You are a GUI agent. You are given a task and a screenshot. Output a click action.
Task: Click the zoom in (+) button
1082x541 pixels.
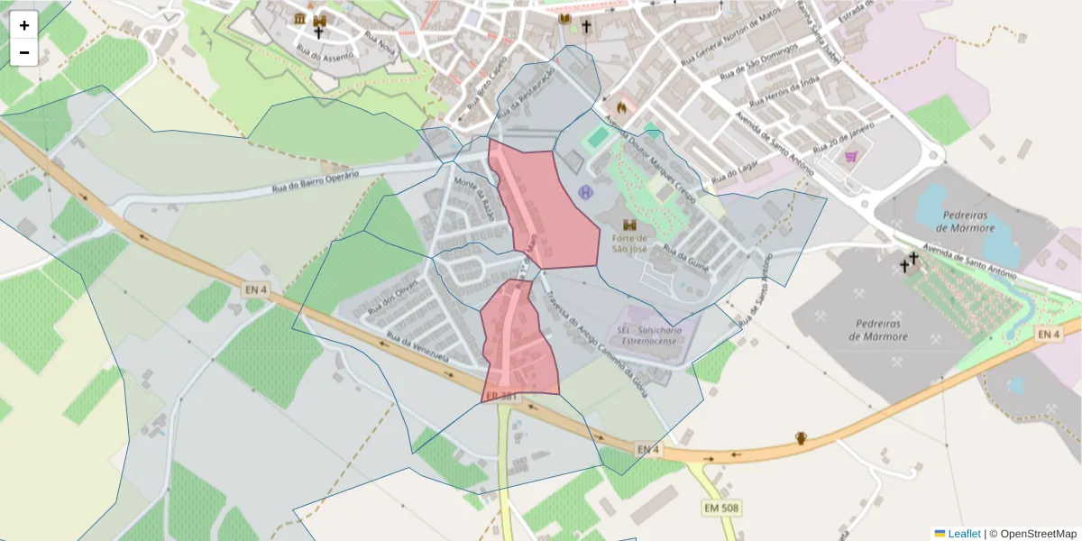pyautogui.click(x=24, y=25)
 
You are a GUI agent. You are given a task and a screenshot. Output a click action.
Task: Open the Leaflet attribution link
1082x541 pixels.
pyautogui.click(x=963, y=534)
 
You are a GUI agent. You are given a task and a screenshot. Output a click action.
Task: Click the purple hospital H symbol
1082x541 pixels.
pyautogui.click(x=586, y=191)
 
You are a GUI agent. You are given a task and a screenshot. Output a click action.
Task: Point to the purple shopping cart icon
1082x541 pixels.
pyautogui.click(x=850, y=157)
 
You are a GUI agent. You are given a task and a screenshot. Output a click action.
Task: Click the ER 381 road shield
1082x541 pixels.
pyautogui.click(x=501, y=397)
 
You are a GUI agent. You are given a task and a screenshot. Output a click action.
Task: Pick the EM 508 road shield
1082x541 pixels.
pyautogui.click(x=721, y=509)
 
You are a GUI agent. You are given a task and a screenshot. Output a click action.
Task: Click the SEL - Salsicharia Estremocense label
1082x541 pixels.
pyautogui.click(x=650, y=336)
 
